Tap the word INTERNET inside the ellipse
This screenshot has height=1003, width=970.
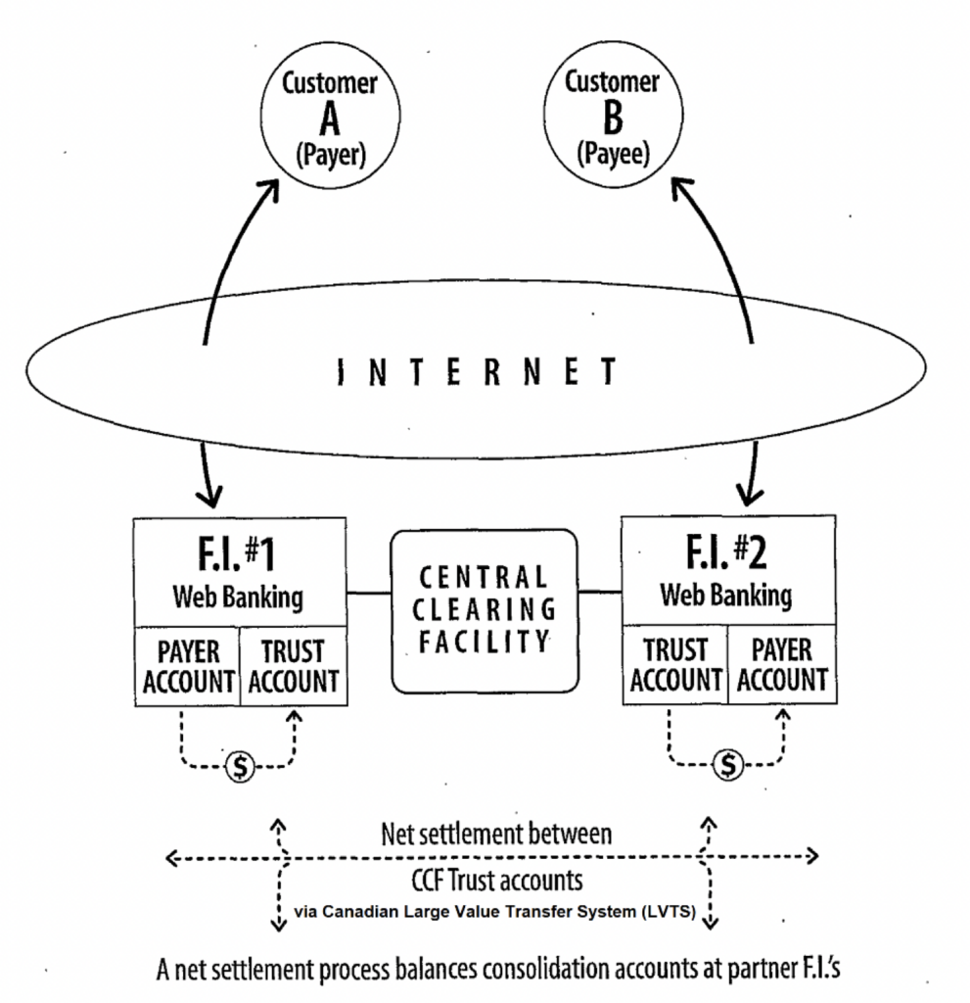[x=477, y=372]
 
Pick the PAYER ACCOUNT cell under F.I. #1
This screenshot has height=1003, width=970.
[x=188, y=666]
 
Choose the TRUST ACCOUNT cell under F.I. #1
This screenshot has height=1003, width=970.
[x=293, y=666]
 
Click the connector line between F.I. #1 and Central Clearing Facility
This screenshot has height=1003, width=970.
[x=368, y=592]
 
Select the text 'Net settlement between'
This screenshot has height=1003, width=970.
[x=496, y=835]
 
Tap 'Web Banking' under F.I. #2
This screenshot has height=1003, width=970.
[x=725, y=594]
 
